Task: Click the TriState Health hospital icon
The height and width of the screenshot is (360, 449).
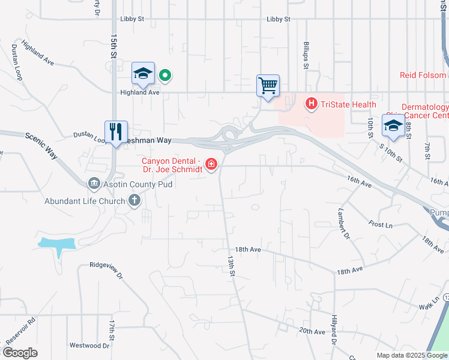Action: tap(312, 104)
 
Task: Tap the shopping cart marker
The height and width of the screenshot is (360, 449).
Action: tap(268, 85)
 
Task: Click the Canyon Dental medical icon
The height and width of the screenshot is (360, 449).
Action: tap(211, 164)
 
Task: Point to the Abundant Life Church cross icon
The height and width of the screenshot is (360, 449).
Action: tap(134, 200)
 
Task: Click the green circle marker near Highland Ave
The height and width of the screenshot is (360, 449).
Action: tap(165, 75)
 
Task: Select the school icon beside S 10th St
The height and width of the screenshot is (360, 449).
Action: tap(393, 125)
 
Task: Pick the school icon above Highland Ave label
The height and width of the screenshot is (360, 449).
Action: tap(143, 73)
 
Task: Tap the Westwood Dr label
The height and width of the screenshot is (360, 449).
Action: tap(89, 346)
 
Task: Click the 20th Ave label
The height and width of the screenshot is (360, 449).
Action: tap(312, 331)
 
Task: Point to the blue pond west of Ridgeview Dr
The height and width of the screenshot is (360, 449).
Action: tap(58, 244)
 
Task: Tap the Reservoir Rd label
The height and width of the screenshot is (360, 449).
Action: tap(20, 330)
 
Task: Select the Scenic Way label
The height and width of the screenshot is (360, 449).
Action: tap(41, 145)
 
